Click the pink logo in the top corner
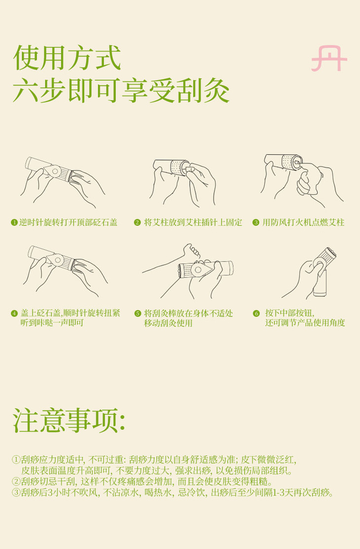tap(329, 59)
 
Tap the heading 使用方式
tap(67, 58)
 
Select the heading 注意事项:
tap(69, 420)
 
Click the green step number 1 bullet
tap(14, 222)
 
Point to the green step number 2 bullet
tap(137, 222)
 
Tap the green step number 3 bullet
tap(255, 222)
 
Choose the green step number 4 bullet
tap(14, 313)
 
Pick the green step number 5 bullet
tap(138, 313)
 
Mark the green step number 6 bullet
tap(256, 313)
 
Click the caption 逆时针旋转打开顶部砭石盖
tap(68, 222)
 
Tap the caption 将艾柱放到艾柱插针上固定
tap(193, 222)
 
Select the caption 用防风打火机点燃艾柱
tap(304, 222)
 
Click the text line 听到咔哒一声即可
tap(52, 322)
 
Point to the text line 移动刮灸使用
tap(168, 323)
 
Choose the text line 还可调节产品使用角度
tap(305, 322)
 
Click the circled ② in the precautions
tap(16, 481)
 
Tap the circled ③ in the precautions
tap(16, 493)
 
